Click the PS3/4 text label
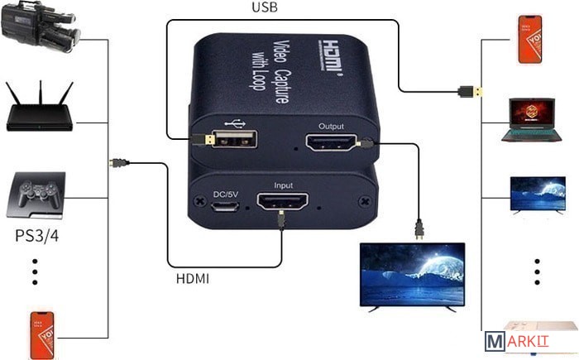pos(36,236)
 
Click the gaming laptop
pos(531,118)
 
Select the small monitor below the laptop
pos(533,195)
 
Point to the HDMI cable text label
pos(193,279)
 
